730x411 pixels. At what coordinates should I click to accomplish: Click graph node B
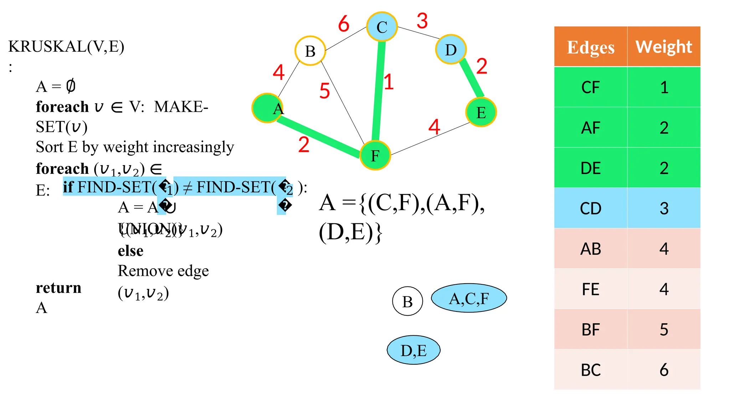(310, 51)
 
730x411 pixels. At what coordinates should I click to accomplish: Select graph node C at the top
(382, 27)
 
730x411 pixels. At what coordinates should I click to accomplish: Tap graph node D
(451, 50)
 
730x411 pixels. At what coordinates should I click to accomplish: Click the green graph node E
(481, 112)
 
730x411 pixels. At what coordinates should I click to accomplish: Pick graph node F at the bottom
(375, 156)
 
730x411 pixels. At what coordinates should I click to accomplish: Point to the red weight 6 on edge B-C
(344, 24)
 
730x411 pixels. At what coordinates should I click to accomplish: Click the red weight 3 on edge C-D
(422, 21)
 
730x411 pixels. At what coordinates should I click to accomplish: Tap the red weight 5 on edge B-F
(324, 91)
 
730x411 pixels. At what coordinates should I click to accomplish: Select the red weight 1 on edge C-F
(389, 82)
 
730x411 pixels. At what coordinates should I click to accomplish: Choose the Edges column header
(590, 47)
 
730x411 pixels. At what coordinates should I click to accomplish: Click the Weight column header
(664, 47)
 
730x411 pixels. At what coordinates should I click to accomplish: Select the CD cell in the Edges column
(590, 208)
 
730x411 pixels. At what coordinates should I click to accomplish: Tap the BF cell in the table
(590, 329)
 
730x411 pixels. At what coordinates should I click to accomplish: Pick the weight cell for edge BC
(664, 370)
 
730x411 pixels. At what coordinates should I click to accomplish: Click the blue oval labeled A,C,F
(469, 298)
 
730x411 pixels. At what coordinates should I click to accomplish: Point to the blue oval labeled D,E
(413, 350)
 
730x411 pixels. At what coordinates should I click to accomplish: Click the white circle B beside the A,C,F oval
(407, 301)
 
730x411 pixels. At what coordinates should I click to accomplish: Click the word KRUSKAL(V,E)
(66, 46)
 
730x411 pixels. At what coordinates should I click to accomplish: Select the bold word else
(130, 251)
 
